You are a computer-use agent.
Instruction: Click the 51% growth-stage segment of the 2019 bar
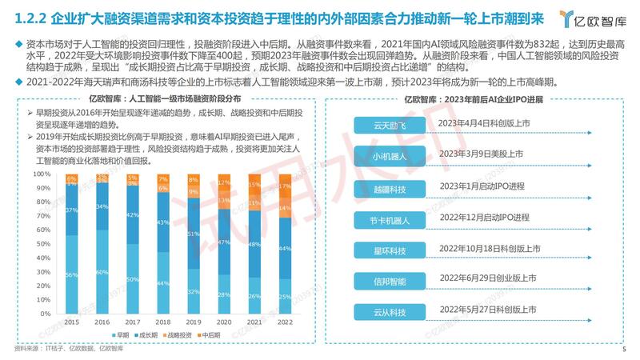tap(194, 234)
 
